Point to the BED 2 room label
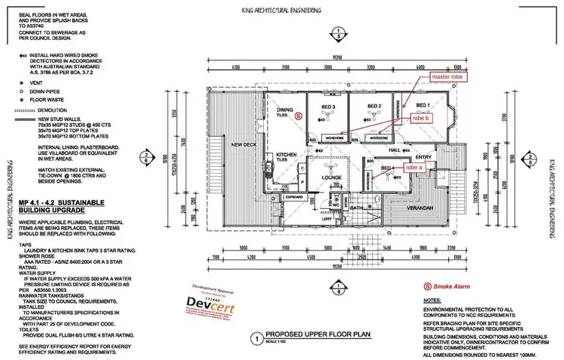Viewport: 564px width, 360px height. [x=375, y=105]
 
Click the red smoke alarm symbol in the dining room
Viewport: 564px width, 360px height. [x=299, y=116]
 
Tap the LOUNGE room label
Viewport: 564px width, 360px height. [x=333, y=177]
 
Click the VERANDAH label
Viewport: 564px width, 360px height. [x=420, y=207]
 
